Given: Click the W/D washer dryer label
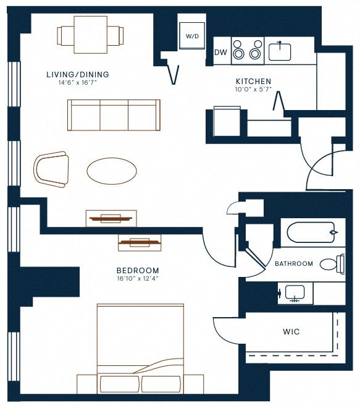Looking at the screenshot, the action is pyautogui.click(x=192, y=36).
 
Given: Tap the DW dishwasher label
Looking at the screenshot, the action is pyautogui.click(x=220, y=53).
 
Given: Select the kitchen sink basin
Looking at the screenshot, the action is pyautogui.click(x=280, y=52).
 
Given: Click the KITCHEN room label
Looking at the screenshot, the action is pyautogui.click(x=253, y=81).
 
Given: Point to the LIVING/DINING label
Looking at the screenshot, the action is pyautogui.click(x=78, y=74).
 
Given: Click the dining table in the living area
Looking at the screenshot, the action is pyautogui.click(x=90, y=35).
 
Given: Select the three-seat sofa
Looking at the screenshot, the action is pyautogui.click(x=114, y=115).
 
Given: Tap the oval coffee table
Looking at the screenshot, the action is pyautogui.click(x=112, y=171).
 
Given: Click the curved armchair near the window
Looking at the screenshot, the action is pyautogui.click(x=51, y=169).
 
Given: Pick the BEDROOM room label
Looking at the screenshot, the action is pyautogui.click(x=138, y=271).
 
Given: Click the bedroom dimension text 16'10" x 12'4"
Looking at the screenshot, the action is pyautogui.click(x=138, y=279).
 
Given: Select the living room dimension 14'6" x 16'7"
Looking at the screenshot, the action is pyautogui.click(x=78, y=83).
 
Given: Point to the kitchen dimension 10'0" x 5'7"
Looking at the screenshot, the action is pyautogui.click(x=253, y=89).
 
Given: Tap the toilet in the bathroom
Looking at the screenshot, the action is pyautogui.click(x=332, y=264).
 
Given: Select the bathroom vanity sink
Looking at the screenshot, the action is pyautogui.click(x=295, y=293).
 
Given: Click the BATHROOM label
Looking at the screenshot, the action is pyautogui.click(x=294, y=263).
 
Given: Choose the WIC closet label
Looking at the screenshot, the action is pyautogui.click(x=291, y=332).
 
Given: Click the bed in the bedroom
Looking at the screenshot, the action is pyautogui.click(x=140, y=349).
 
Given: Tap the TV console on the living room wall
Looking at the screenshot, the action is pyautogui.click(x=111, y=218).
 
